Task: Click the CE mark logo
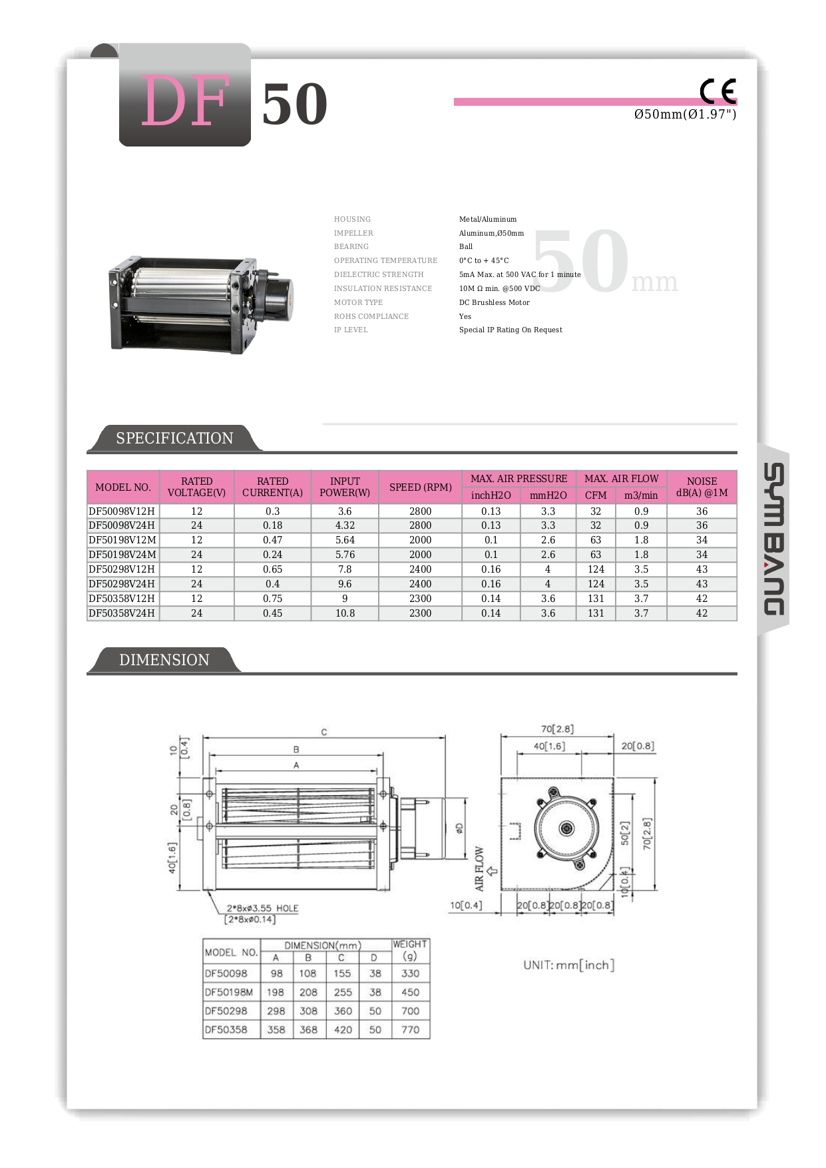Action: (718, 91)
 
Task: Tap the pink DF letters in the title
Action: (185, 101)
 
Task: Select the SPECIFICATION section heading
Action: (174, 438)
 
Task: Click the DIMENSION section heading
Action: (164, 660)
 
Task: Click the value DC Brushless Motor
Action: (494, 302)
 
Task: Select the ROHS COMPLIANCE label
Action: (371, 316)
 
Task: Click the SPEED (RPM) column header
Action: (420, 487)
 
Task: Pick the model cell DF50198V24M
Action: (122, 555)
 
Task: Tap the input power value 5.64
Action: (345, 540)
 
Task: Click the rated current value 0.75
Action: (272, 599)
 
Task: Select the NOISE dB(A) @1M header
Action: (702, 487)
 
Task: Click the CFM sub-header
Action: (596, 495)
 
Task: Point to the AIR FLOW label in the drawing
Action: (479, 868)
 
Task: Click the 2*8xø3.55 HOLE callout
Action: (262, 908)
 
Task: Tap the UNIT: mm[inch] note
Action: (568, 965)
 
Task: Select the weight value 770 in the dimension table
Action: (410, 1029)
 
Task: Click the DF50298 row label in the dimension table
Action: (226, 1011)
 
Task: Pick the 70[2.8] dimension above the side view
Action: (557, 729)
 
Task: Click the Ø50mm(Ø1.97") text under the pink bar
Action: (685, 115)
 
